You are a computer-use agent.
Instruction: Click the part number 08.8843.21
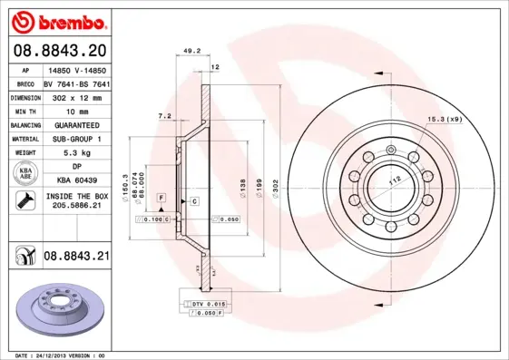(76, 257)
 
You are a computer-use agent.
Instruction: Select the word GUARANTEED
(76, 124)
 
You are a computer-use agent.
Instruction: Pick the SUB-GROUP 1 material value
(76, 139)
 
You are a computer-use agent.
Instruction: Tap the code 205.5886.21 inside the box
(76, 207)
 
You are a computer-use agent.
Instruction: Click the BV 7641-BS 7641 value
(76, 82)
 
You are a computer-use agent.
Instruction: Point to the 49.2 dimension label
(191, 52)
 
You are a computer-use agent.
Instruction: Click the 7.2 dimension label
(164, 117)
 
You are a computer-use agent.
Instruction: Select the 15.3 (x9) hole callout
(445, 120)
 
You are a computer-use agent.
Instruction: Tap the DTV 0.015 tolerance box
(208, 303)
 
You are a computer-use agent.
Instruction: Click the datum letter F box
(160, 197)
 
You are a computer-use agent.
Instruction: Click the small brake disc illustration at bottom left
(61, 306)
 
